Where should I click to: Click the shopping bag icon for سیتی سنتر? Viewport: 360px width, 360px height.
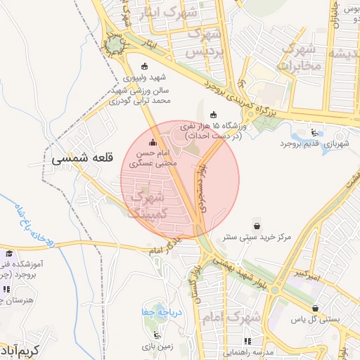point(258,226)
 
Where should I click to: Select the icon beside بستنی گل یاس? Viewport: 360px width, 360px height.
point(316,308)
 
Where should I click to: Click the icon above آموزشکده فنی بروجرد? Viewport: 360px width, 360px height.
point(9,254)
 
